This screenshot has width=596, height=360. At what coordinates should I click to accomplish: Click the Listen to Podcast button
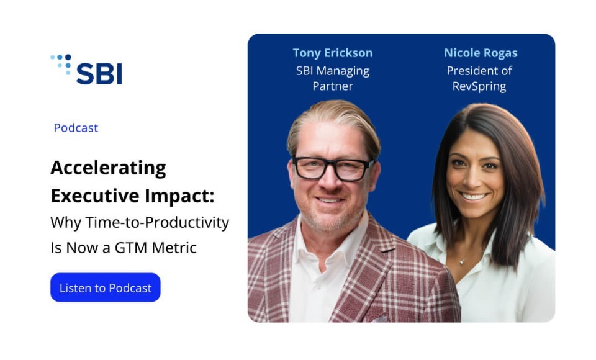tap(106, 287)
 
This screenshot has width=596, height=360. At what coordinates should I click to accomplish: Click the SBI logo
tap(86, 69)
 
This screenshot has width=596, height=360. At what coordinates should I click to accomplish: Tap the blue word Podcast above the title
tap(76, 128)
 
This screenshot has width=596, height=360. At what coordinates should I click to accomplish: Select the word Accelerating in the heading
tap(108, 168)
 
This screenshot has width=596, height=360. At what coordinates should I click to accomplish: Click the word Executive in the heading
tap(95, 196)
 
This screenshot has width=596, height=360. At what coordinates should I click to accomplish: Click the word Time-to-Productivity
tap(157, 222)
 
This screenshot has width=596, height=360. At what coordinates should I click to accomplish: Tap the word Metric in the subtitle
tap(174, 248)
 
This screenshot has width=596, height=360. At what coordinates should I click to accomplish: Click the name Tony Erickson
tap(333, 53)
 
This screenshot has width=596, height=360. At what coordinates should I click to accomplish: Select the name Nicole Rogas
tap(481, 53)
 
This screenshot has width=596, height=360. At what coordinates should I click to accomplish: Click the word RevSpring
tap(479, 86)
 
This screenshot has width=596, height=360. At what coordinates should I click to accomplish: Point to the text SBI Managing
tap(333, 71)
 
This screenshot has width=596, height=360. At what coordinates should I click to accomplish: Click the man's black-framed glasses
tap(332, 168)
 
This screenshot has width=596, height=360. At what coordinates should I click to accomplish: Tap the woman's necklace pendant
tap(461, 261)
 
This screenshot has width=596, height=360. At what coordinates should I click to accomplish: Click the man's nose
tap(329, 182)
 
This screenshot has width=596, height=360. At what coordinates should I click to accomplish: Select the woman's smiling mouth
tap(473, 197)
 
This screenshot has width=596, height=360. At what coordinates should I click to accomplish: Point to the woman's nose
tap(474, 179)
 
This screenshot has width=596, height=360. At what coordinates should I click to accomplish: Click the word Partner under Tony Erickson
tap(333, 86)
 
